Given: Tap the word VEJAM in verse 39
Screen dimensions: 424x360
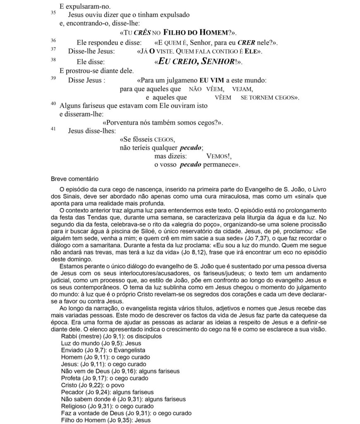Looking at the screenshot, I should click(243, 89).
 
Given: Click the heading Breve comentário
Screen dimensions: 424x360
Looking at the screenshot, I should click(74, 179).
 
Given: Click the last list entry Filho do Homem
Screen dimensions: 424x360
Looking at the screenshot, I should click(106, 420).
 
